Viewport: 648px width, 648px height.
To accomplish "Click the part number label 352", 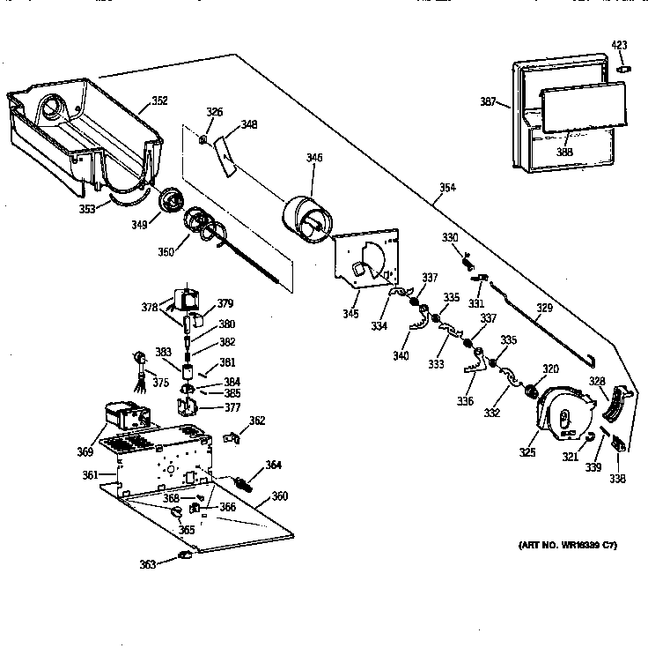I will [x=159, y=101].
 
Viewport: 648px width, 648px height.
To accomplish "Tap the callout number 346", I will [x=313, y=158].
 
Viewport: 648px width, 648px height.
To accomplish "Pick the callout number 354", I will [x=448, y=188].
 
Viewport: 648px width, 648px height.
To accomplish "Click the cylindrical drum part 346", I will [x=305, y=217].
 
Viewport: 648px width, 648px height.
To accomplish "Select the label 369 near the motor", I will [x=85, y=452].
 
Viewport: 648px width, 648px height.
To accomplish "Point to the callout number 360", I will [x=279, y=495].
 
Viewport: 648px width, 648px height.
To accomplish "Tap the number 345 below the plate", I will [x=351, y=313].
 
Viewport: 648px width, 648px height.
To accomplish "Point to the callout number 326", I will [x=214, y=112].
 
